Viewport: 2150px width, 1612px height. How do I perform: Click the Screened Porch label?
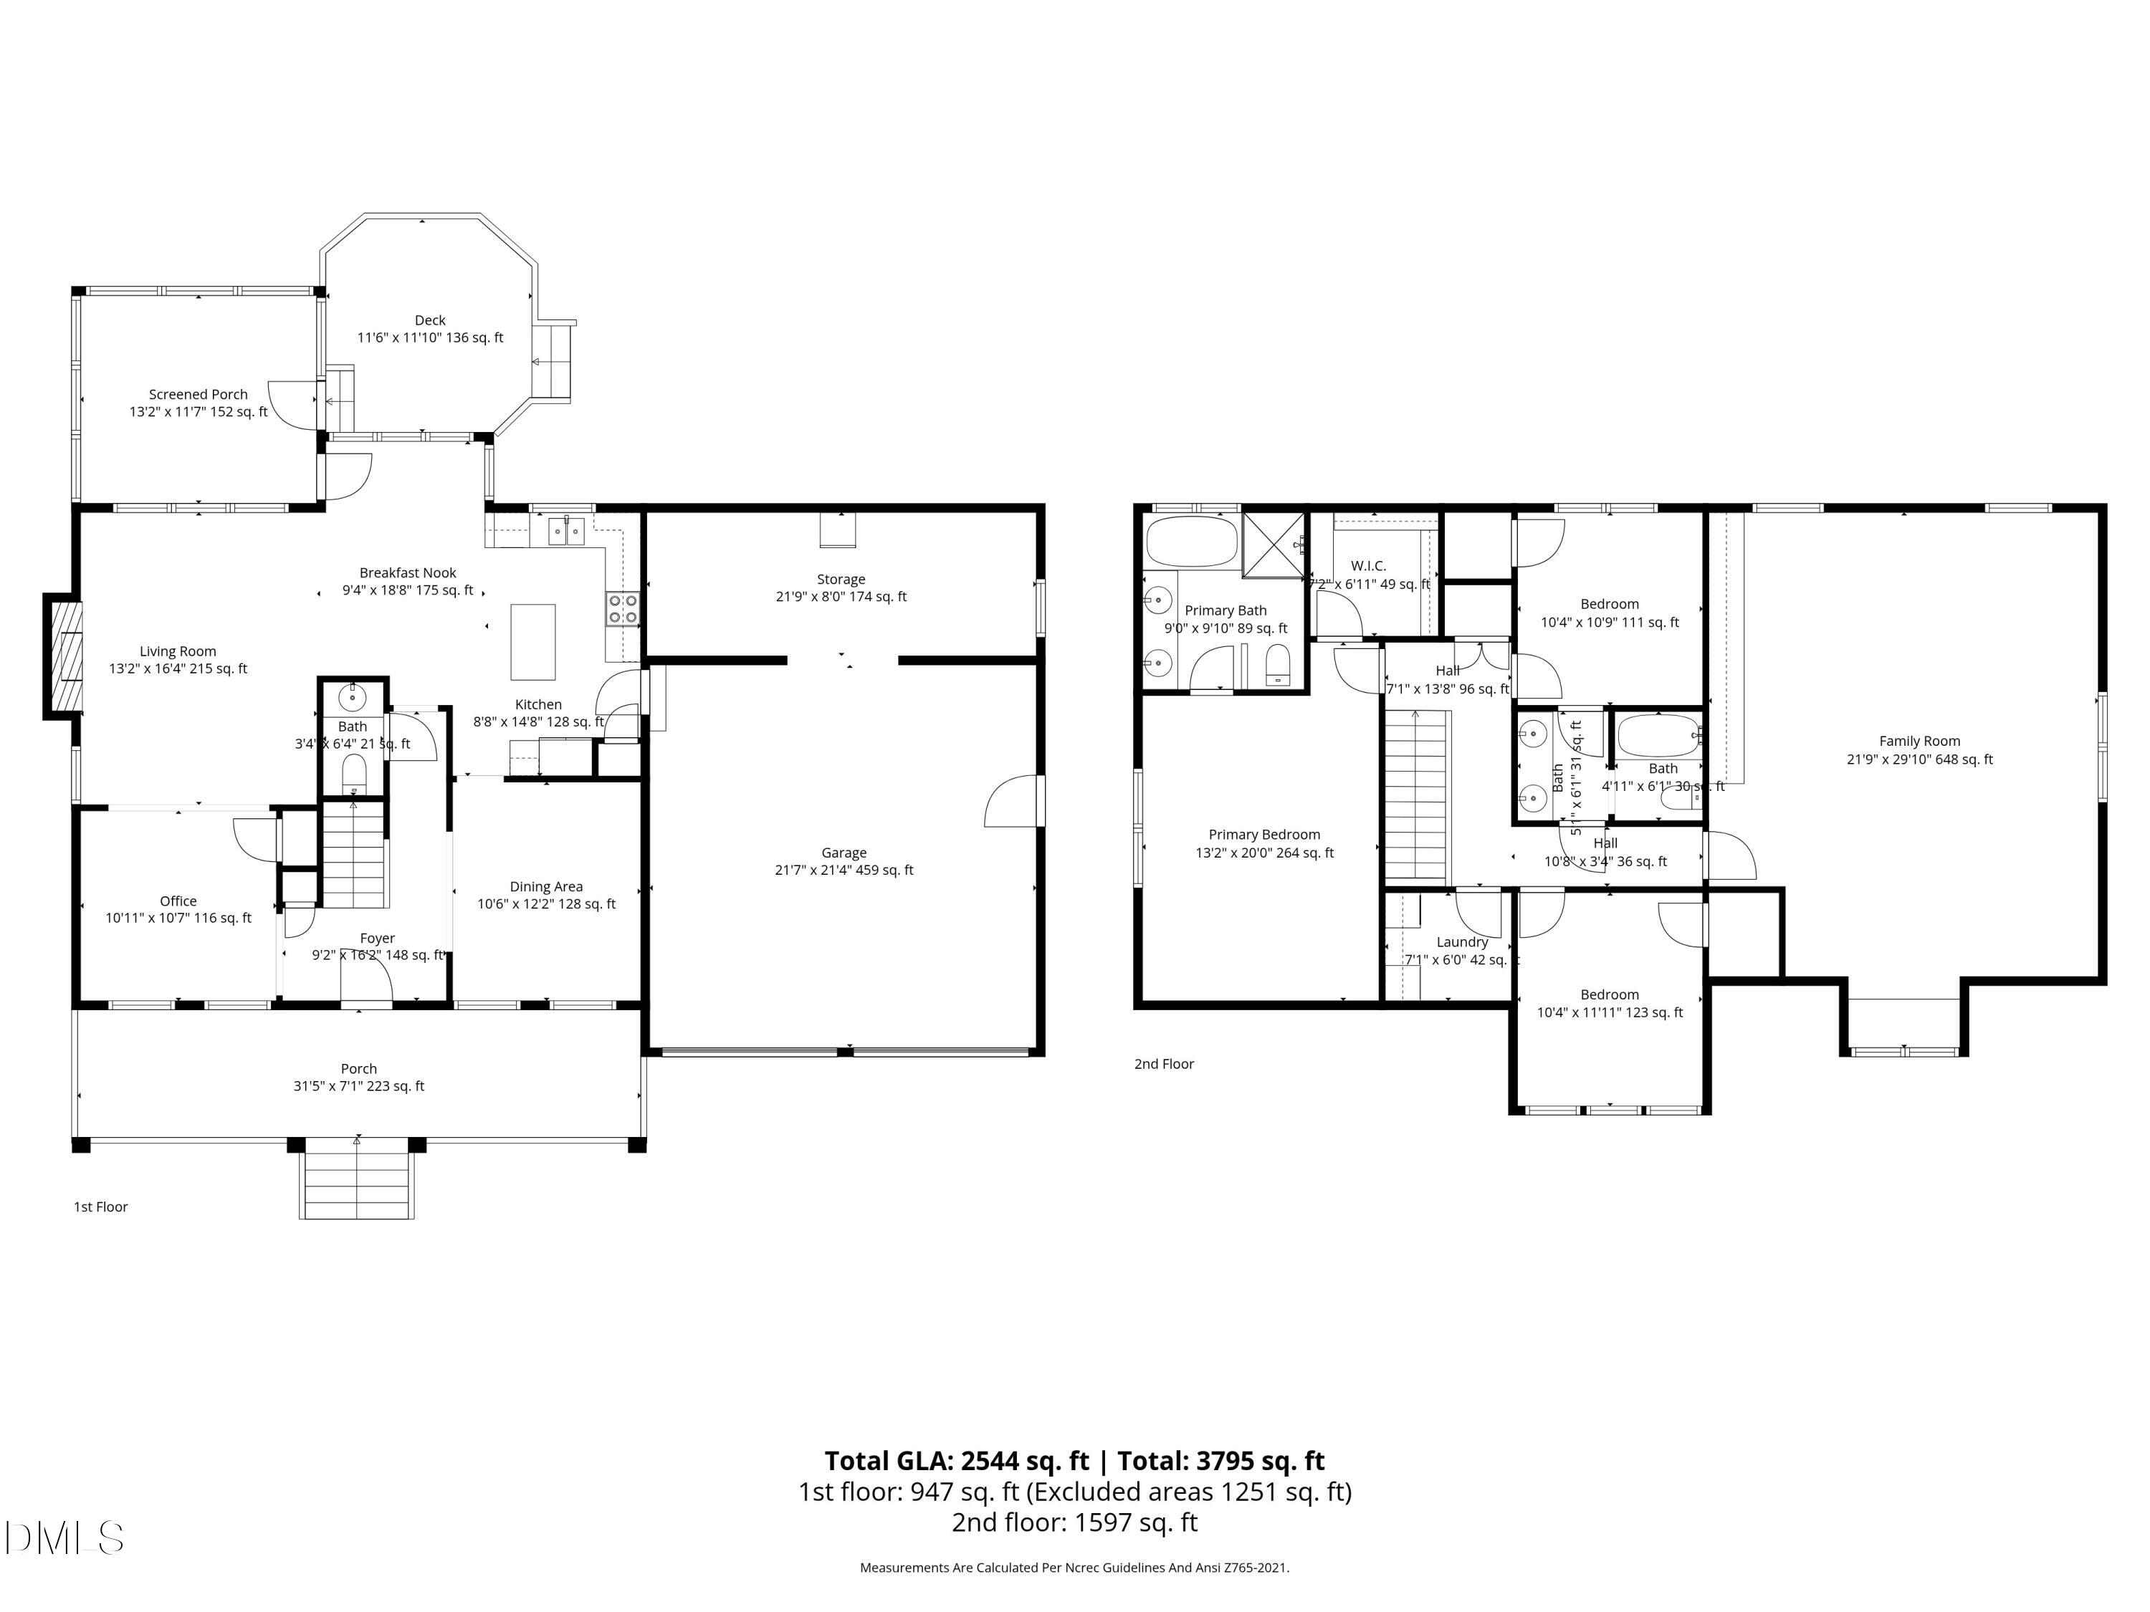pyautogui.click(x=199, y=395)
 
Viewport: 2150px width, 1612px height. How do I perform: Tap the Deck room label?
pyautogui.click(x=429, y=321)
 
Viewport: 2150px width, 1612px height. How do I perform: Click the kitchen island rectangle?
pyautogui.click(x=532, y=641)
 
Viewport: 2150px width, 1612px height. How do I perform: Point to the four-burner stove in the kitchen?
pyautogui.click(x=623, y=608)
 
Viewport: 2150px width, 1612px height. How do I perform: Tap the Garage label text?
pyautogui.click(x=843, y=853)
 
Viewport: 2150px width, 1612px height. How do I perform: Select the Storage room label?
pyautogui.click(x=841, y=579)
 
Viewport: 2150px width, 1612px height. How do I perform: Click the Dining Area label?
pyautogui.click(x=546, y=887)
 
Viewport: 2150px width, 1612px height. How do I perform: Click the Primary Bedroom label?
pyautogui.click(x=1263, y=835)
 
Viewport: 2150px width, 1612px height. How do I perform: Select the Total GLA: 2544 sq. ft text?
pyautogui.click(x=957, y=1462)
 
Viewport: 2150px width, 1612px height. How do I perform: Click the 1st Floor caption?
pyautogui.click(x=101, y=1206)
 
